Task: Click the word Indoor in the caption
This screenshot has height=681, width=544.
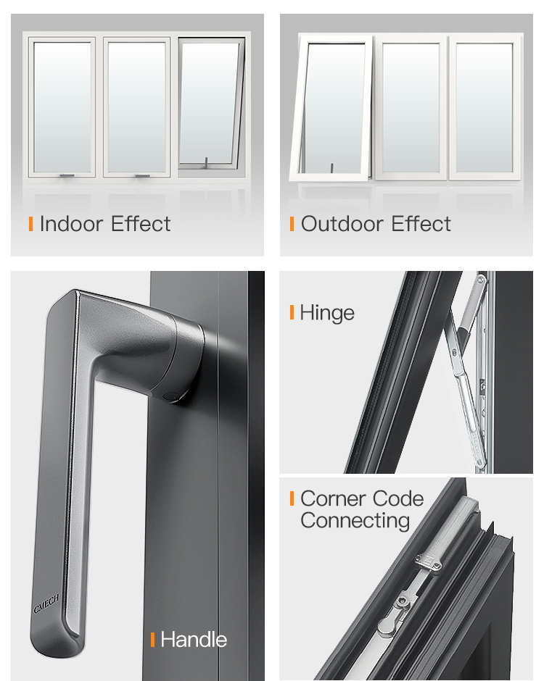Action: pyautogui.click(x=71, y=224)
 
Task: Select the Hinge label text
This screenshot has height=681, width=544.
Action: pyautogui.click(x=327, y=314)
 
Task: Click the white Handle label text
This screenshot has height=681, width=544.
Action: pyautogui.click(x=194, y=640)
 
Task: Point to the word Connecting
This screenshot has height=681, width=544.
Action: pyautogui.click(x=355, y=521)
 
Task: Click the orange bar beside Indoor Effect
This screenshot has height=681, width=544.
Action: pyautogui.click(x=31, y=224)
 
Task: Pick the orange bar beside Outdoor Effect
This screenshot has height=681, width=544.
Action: pyautogui.click(x=292, y=224)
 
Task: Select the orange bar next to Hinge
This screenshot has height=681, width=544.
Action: pyautogui.click(x=292, y=312)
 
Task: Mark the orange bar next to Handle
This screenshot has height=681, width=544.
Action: pyautogui.click(x=152, y=640)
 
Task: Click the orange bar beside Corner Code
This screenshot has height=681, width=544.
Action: pyautogui.click(x=292, y=498)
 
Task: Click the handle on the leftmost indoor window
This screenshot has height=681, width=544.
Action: pyautogui.click(x=67, y=176)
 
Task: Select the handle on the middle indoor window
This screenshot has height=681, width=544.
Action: pyautogui.click(x=143, y=176)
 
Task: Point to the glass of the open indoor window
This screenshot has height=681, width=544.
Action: pyautogui.click(x=209, y=102)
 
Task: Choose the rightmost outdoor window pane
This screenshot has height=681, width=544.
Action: pyautogui.click(x=485, y=106)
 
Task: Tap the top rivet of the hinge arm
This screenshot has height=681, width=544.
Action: pyautogui.click(x=480, y=280)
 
